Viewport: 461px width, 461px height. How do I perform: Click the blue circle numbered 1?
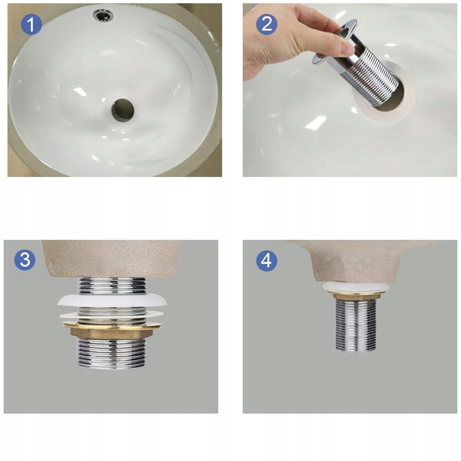pos(32,25)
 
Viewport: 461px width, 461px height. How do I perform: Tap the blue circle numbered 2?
pos(267,24)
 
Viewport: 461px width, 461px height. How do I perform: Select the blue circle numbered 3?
pos(25,260)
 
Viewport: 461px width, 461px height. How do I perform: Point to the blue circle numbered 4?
pos(267,260)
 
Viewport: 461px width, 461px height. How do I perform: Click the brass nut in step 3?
pos(112,331)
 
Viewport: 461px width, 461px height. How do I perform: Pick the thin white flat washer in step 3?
pos(111,315)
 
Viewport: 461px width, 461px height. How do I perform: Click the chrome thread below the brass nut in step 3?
pos(112,353)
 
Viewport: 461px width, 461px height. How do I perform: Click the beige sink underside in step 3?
pos(111,259)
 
